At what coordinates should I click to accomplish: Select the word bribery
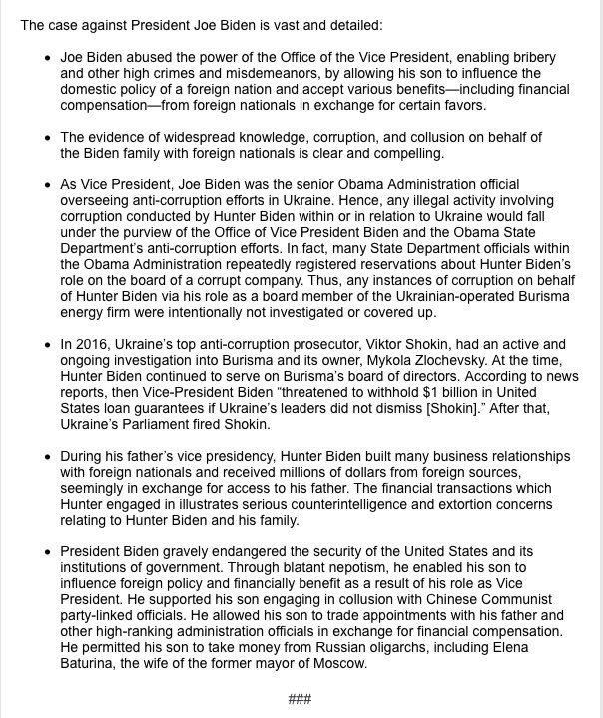530,58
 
